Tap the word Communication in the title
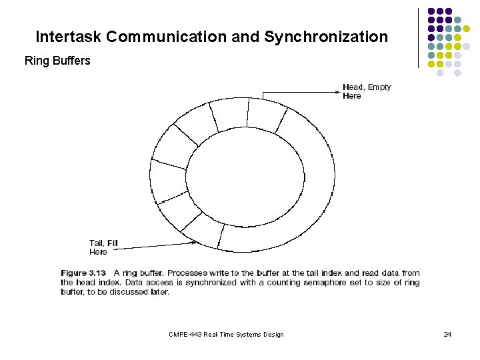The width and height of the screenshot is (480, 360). [166, 37]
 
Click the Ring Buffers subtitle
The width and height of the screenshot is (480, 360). [57, 61]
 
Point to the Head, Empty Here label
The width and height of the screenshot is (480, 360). [367, 91]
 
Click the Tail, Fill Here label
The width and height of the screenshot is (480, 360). [103, 247]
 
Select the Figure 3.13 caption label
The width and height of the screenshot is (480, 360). [83, 273]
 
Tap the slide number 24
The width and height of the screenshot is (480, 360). [447, 334]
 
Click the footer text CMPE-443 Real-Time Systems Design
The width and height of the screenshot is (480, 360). [226, 334]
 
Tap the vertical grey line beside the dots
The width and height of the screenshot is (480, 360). [418, 38]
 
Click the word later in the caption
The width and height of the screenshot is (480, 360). [157, 292]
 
